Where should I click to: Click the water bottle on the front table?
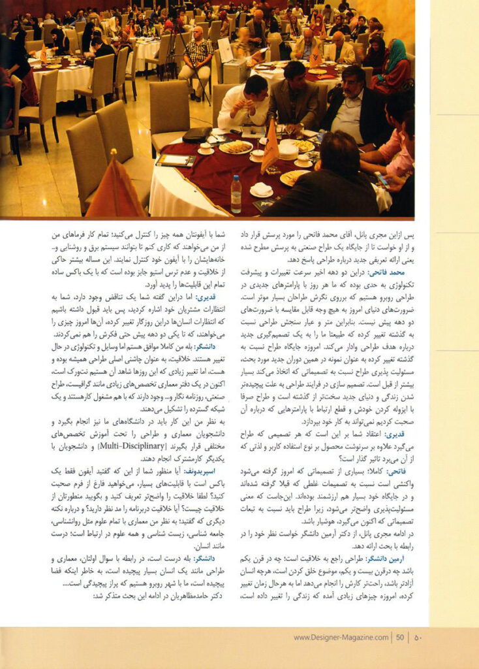pyautogui.click(x=236, y=193)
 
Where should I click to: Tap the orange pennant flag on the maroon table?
pyautogui.click(x=270, y=148)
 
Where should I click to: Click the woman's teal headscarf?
pyautogui.click(x=395, y=55)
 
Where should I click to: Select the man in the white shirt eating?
pyautogui.click(x=243, y=101)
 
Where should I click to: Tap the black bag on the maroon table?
pyautogui.click(x=197, y=135)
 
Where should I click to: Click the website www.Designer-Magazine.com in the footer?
pyautogui.click(x=341, y=638)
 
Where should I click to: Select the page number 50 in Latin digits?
pyautogui.click(x=400, y=638)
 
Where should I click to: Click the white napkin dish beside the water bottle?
pyautogui.click(x=261, y=189)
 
